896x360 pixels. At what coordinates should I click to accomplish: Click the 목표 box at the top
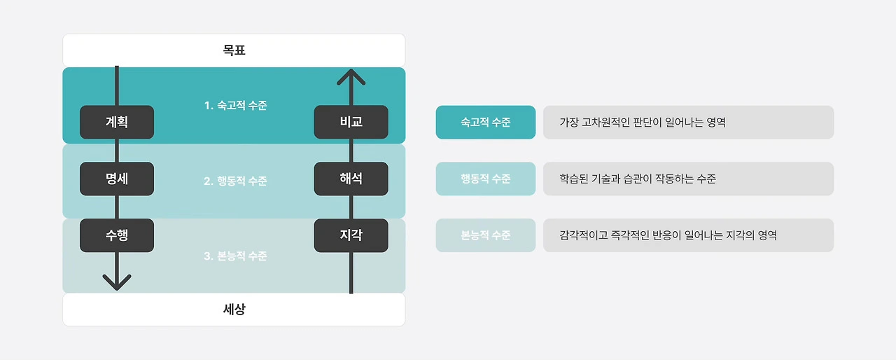pos(234,50)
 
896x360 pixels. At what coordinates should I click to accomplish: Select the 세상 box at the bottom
pos(234,309)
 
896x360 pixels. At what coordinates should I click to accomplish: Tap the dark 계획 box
pos(117,122)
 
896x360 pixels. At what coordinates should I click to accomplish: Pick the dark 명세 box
pos(117,179)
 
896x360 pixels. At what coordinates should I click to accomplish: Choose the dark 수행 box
pos(117,235)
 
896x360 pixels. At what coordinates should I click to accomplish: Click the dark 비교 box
pos(351,122)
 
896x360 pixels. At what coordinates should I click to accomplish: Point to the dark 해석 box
pos(351,179)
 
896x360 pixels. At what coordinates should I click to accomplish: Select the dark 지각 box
pos(351,235)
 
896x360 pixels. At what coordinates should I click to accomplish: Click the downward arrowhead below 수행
pos(117,282)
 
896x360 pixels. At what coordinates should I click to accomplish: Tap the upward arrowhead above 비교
pos(351,76)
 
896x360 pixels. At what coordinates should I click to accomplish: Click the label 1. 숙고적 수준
pos(235,106)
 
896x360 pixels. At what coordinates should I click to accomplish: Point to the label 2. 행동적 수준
pos(235,181)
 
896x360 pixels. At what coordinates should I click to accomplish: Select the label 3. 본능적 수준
pos(235,256)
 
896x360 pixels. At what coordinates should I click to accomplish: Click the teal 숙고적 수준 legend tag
pos(485,123)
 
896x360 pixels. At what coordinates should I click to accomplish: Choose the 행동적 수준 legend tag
pos(485,179)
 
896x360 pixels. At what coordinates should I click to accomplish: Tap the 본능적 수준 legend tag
pos(485,235)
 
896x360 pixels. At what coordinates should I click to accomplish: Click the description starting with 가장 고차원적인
pos(642,123)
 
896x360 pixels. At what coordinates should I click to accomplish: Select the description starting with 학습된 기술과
pos(637,179)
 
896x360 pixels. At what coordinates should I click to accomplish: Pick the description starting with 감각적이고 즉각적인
pos(668,235)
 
